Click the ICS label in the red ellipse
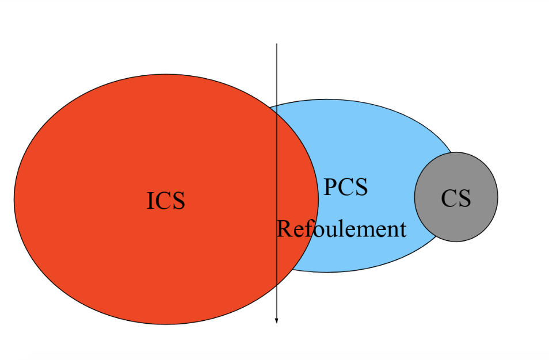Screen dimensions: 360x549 click(x=166, y=201)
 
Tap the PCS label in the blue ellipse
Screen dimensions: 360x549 click(x=345, y=187)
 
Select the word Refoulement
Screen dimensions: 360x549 click(x=342, y=229)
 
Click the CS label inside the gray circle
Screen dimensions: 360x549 click(x=456, y=198)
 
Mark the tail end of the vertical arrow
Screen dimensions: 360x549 click(x=277, y=44)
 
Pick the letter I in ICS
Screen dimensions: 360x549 click(x=150, y=201)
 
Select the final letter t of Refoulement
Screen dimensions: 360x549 click(x=403, y=229)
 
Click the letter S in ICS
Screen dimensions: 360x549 click(x=179, y=201)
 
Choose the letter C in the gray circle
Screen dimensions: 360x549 click(x=449, y=198)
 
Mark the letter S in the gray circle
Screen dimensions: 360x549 click(x=464, y=198)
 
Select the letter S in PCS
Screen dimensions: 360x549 click(x=361, y=187)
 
